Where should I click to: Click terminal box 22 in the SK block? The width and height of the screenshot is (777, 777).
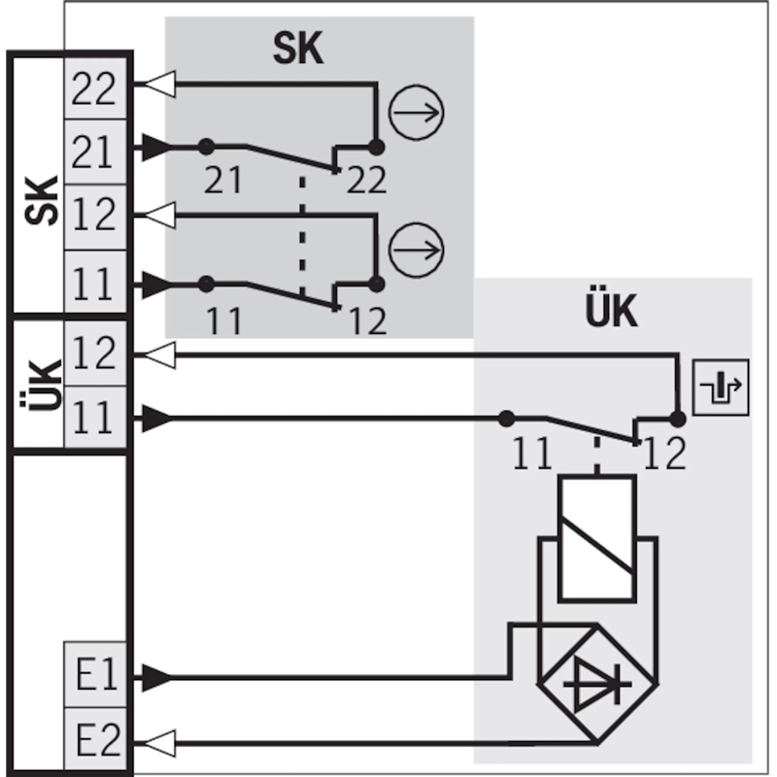point(95,88)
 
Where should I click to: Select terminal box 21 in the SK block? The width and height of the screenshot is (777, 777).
point(95,152)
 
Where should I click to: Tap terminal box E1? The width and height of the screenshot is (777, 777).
point(95,674)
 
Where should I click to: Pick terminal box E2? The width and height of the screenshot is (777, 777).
point(95,739)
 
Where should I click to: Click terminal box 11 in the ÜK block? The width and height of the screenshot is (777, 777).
point(95,417)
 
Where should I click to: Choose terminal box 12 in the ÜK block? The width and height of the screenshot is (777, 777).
point(95,354)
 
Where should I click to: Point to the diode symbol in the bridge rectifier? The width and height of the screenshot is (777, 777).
point(597,685)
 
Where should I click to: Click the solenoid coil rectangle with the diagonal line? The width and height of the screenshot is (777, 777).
point(597,539)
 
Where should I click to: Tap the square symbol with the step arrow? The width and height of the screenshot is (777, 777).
point(721,387)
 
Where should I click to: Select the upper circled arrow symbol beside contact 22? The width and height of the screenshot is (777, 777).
point(416,113)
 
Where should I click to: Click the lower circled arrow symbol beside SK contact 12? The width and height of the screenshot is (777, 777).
point(416,250)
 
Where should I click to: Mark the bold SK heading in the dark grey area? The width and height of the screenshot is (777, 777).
point(298,48)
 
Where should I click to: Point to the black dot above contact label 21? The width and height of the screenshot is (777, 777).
point(206,147)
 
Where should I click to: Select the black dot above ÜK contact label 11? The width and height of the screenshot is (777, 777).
point(506,419)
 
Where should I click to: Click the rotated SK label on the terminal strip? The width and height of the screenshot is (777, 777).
point(42,200)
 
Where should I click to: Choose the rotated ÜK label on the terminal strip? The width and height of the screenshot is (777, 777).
point(42,385)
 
